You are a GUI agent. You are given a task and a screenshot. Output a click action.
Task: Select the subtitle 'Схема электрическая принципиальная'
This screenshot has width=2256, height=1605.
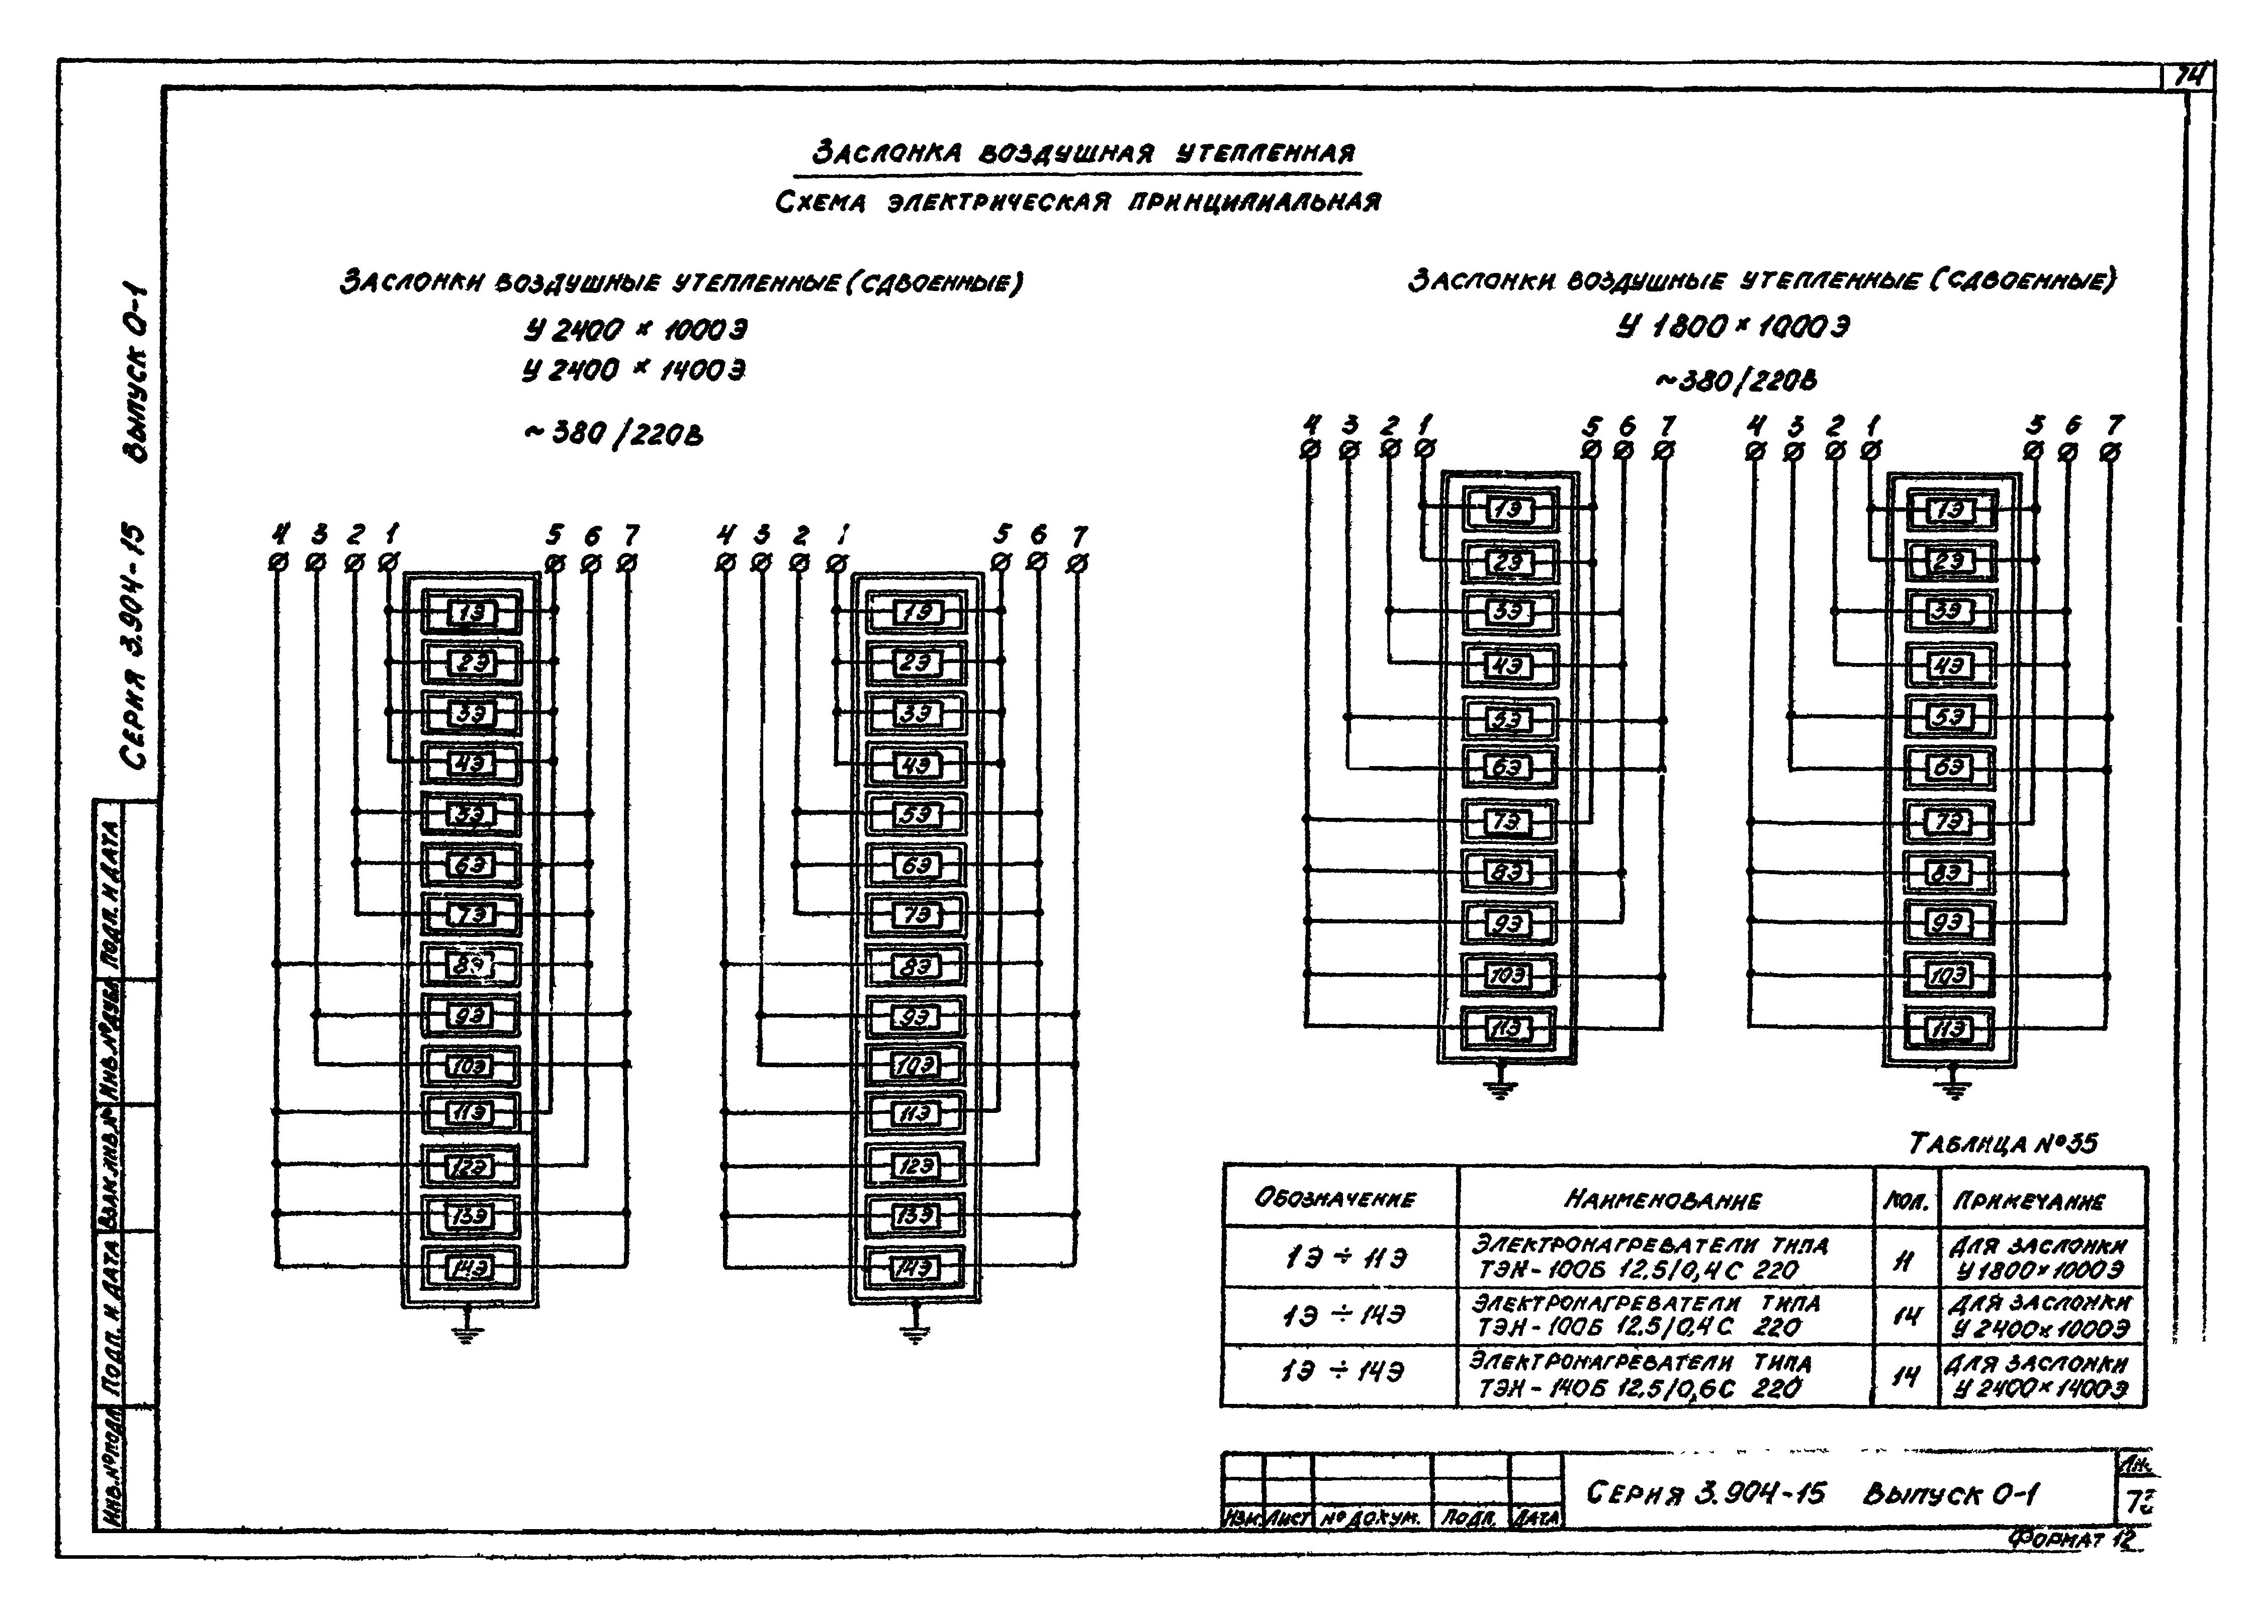click(1077, 203)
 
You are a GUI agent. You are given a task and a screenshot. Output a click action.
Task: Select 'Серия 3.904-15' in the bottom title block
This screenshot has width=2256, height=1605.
click(1705, 1492)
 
